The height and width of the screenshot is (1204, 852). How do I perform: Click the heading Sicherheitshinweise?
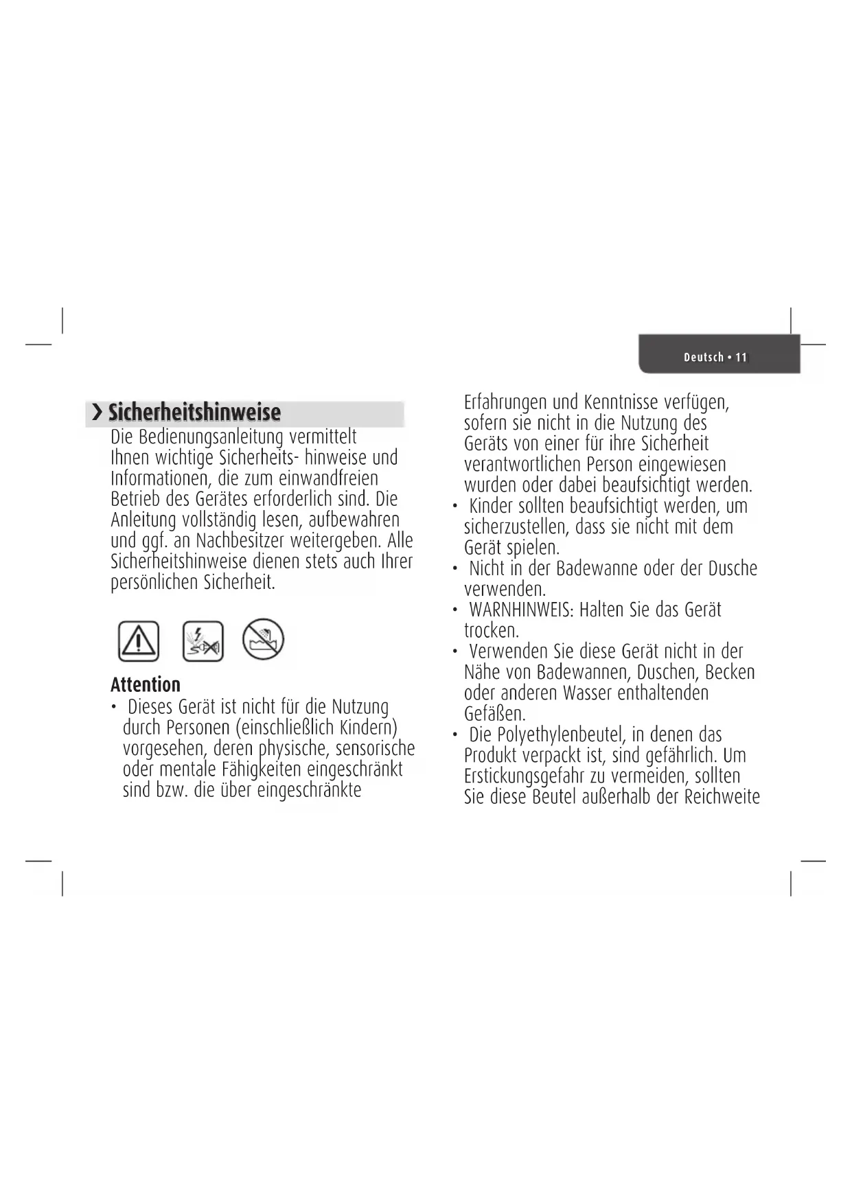[194, 413]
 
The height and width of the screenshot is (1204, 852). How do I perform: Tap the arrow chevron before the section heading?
[97, 413]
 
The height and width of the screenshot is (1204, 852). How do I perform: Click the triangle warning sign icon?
[139, 641]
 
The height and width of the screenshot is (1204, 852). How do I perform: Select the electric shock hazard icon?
[203, 641]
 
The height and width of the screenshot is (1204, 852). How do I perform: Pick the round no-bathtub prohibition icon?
[263, 639]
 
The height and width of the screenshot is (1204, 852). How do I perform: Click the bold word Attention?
[146, 684]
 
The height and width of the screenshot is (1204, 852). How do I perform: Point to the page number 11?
[741, 357]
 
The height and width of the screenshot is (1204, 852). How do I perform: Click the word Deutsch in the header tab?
[704, 357]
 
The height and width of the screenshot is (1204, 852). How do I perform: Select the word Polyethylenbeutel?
[548, 735]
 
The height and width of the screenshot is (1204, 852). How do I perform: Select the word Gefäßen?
[494, 714]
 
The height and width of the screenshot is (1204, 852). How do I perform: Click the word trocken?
[491, 630]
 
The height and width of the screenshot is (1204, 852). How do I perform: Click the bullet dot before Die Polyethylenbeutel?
[454, 736]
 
